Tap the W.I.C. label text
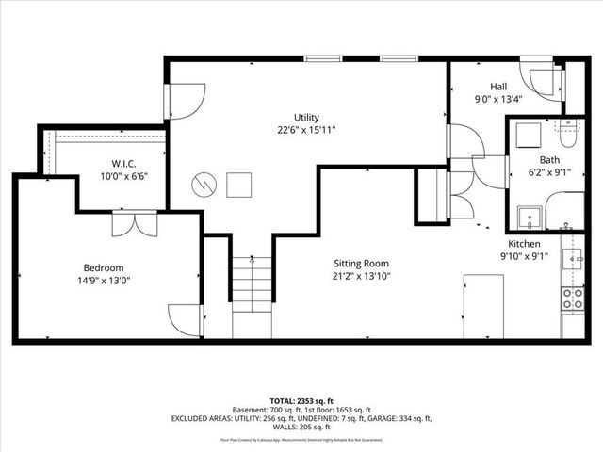click(x=123, y=163)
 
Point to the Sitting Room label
click(x=361, y=264)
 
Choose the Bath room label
click(x=548, y=159)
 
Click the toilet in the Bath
click(x=569, y=127)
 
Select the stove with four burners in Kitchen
click(x=572, y=299)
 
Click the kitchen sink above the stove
click(x=572, y=257)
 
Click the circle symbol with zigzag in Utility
click(x=204, y=185)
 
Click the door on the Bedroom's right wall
click(x=185, y=317)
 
